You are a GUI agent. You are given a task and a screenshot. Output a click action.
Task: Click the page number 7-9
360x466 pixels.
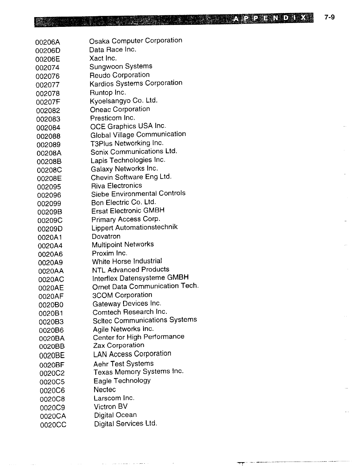(x=329, y=17)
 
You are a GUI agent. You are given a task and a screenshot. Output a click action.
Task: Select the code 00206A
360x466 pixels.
(x=48, y=42)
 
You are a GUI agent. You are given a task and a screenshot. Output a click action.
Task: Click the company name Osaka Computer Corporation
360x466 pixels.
(x=136, y=41)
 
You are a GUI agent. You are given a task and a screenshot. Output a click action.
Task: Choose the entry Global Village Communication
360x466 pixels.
(x=138, y=134)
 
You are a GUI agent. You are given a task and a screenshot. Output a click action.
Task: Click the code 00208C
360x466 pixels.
(x=50, y=170)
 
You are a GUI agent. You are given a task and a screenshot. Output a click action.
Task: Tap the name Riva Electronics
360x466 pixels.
(x=117, y=186)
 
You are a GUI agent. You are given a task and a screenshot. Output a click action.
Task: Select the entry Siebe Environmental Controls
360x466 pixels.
(x=138, y=194)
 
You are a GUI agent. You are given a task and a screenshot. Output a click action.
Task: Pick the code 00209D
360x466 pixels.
(x=50, y=229)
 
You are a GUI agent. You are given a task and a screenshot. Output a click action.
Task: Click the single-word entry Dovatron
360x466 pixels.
(x=106, y=237)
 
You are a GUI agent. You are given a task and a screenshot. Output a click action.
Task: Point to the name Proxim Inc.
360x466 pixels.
(x=109, y=253)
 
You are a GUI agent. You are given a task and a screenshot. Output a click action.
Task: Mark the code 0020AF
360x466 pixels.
(x=51, y=296)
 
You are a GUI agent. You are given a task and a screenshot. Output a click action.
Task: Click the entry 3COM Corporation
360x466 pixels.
(x=122, y=295)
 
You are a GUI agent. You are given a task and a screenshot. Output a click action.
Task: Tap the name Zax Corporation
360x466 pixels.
(x=119, y=345)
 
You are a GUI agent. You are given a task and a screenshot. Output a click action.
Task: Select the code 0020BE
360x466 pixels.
(x=52, y=355)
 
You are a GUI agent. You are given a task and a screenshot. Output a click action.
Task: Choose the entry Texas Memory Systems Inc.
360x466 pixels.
(x=138, y=372)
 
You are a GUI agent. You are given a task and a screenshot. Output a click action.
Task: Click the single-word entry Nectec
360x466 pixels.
(x=105, y=390)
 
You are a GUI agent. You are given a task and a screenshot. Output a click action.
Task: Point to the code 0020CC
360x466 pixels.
(x=53, y=425)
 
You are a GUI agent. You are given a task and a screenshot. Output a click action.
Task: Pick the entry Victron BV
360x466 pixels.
(x=111, y=407)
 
